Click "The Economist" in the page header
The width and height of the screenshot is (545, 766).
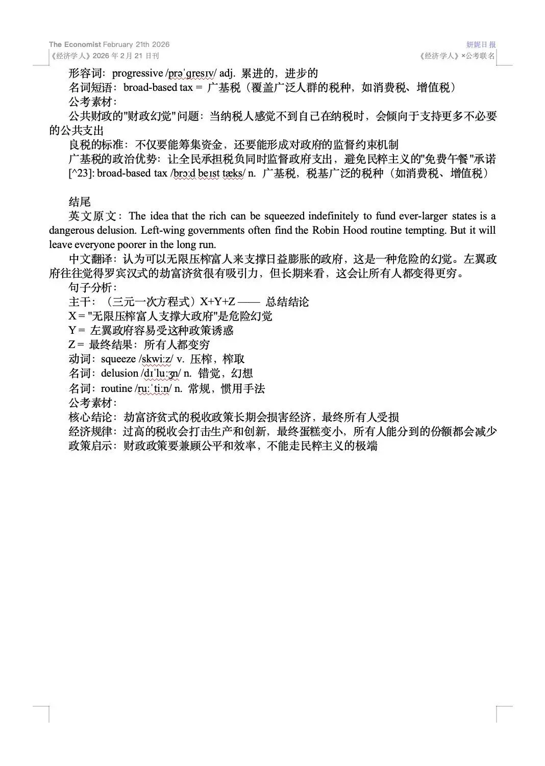click(x=75, y=44)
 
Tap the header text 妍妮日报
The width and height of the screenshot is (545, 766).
click(x=481, y=44)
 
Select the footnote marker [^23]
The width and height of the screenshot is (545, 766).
click(x=81, y=173)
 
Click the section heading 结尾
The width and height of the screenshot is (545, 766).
click(x=80, y=202)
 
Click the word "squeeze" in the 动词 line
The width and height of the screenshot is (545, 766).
click(x=118, y=359)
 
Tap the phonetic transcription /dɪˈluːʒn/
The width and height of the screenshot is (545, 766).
click(x=161, y=374)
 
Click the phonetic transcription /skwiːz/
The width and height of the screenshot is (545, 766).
click(x=156, y=359)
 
